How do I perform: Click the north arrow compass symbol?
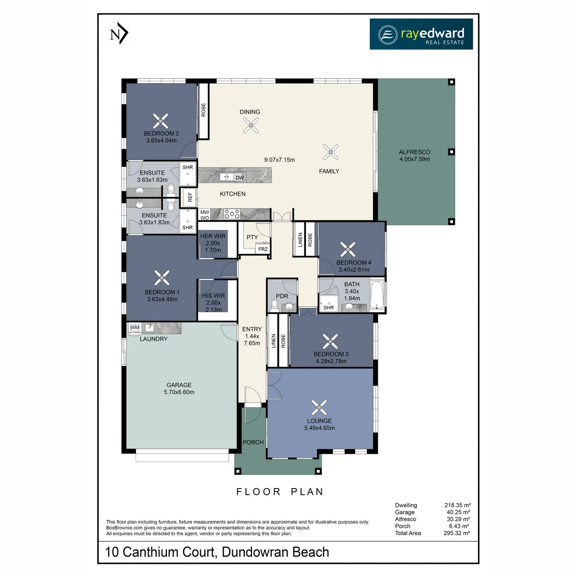pos(118,33)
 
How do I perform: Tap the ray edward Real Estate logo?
pos(421,34)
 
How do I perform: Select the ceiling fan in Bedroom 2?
pos(161,121)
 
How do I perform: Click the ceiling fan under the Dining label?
pos(251,125)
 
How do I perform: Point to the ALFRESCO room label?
pos(414,152)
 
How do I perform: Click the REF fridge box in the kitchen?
pos(190,197)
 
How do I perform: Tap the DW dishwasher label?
pos(239,177)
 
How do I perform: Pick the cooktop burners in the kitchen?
pos(232,214)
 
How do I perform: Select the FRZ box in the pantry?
pos(263,249)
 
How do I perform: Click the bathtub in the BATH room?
pos(376,295)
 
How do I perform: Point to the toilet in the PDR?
pos(274,305)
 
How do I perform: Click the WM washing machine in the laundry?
pos(135,328)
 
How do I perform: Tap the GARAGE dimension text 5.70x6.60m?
pos(179,392)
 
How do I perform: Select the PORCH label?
pos(253,442)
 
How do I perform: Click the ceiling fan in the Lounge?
pos(319,408)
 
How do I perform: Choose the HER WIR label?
pos(213,236)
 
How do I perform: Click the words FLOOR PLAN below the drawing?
pos(280,492)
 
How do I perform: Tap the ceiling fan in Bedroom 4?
pos(348,250)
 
